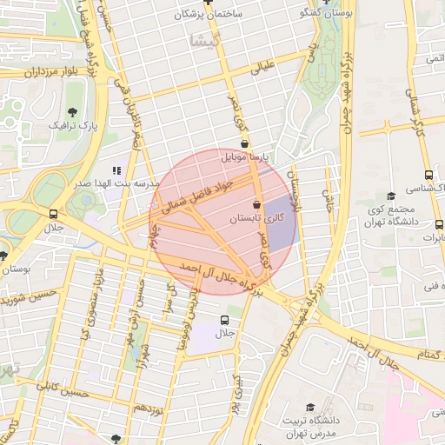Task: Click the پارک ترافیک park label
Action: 70,126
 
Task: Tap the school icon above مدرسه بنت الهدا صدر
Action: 116,170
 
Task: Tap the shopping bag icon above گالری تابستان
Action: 256,204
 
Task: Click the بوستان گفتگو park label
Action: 324,14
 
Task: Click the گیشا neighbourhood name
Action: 211,40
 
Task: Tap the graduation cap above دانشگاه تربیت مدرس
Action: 311,406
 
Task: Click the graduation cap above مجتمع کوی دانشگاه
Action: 390,196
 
